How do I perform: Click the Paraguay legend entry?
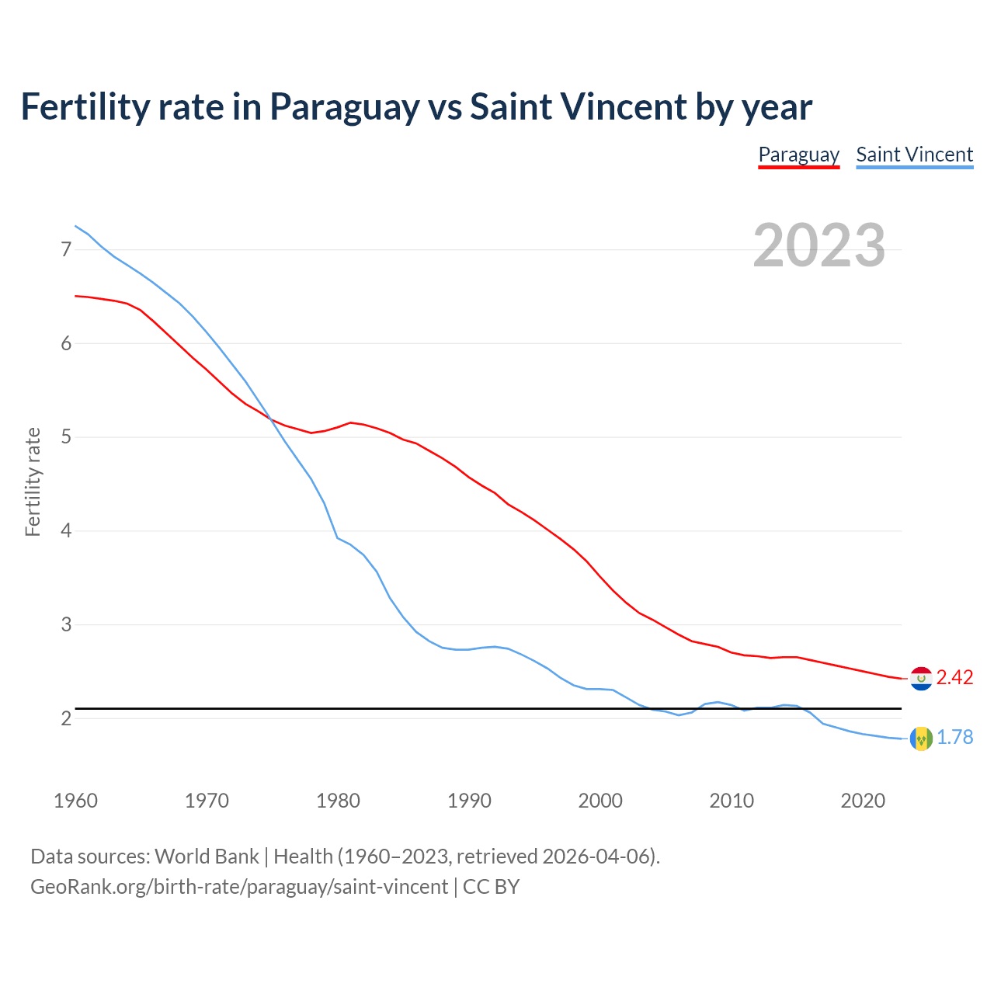(x=798, y=155)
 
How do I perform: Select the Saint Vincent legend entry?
(x=914, y=155)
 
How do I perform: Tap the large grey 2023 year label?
(x=819, y=245)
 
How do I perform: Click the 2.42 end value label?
(x=954, y=677)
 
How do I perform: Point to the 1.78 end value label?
(x=954, y=737)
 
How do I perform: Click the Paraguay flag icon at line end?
(x=921, y=679)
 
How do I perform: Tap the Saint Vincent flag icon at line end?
(x=921, y=739)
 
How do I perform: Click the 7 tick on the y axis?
(x=66, y=249)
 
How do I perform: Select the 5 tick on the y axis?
(x=66, y=437)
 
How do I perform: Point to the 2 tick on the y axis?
(x=66, y=718)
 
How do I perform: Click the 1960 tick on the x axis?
(x=75, y=801)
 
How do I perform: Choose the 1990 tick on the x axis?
(x=469, y=801)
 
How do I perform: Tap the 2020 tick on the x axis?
(x=863, y=801)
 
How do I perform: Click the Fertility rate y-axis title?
(x=33, y=481)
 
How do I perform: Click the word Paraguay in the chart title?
(x=344, y=107)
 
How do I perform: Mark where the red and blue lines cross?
(x=270, y=418)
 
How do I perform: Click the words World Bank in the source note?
(x=207, y=857)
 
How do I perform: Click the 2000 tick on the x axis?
(x=600, y=801)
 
